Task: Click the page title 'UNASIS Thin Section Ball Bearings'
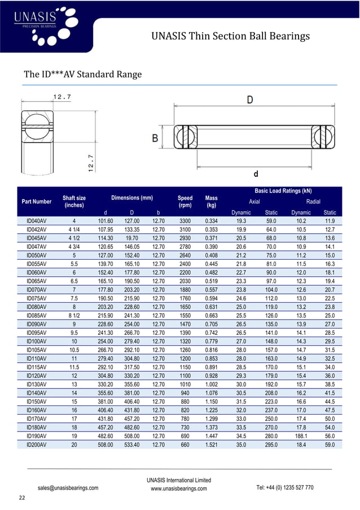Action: [231, 37]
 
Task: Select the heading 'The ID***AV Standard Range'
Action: [82, 75]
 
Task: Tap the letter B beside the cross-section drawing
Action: [154, 138]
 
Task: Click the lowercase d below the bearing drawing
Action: [256, 173]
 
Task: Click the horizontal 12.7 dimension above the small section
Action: [62, 97]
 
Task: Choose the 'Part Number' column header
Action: [36, 202]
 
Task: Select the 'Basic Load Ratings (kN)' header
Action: [283, 191]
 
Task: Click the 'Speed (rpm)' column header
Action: [185, 202]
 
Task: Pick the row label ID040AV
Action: [36, 221]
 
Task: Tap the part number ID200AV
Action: [36, 444]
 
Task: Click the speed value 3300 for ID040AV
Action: [185, 221]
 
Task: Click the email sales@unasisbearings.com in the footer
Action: [68, 487]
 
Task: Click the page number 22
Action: [22, 498]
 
